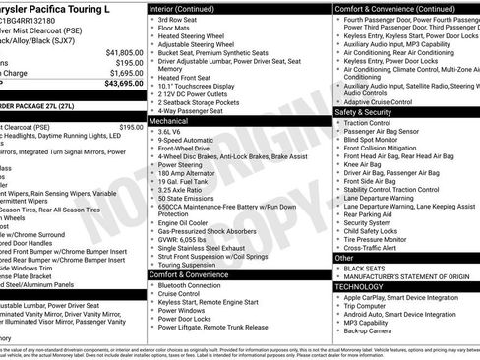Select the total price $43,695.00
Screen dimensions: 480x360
click(122, 83)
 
